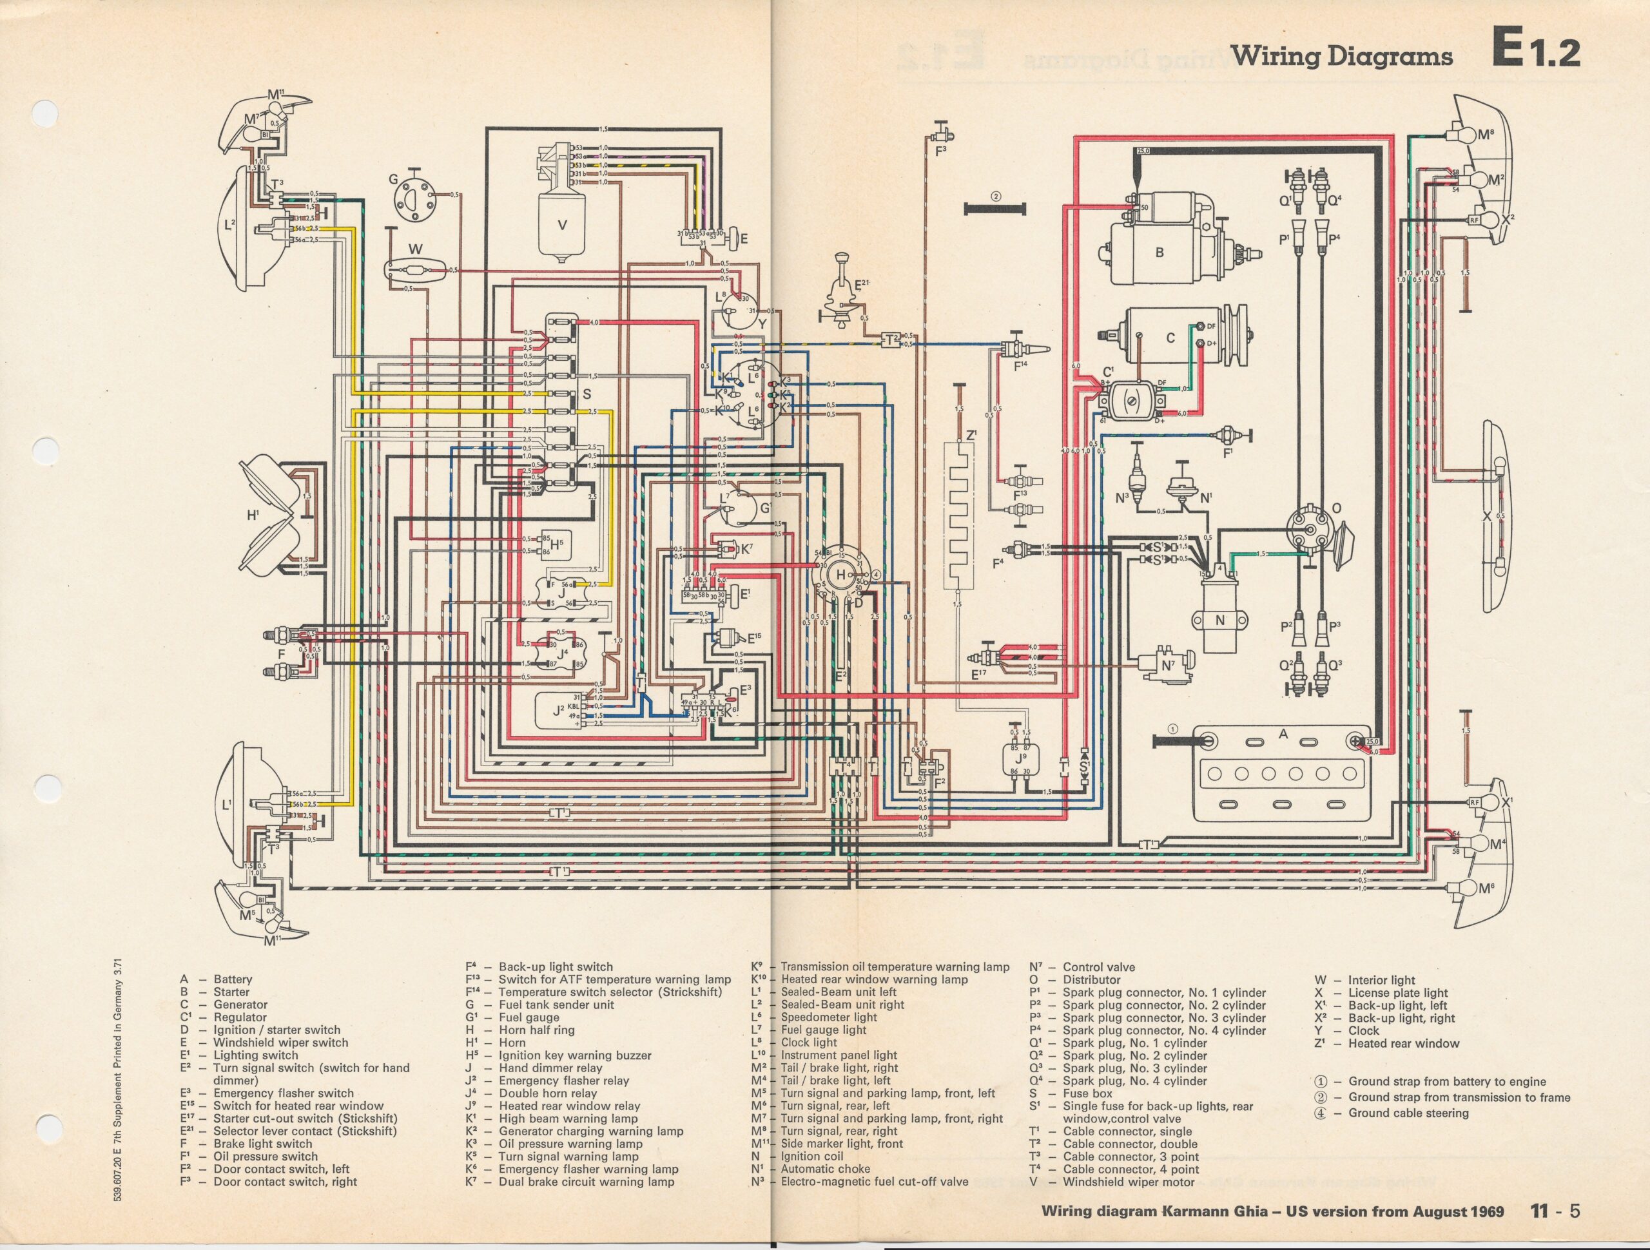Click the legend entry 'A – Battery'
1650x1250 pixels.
pos(217,979)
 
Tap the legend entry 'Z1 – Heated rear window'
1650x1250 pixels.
pos(1386,1043)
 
